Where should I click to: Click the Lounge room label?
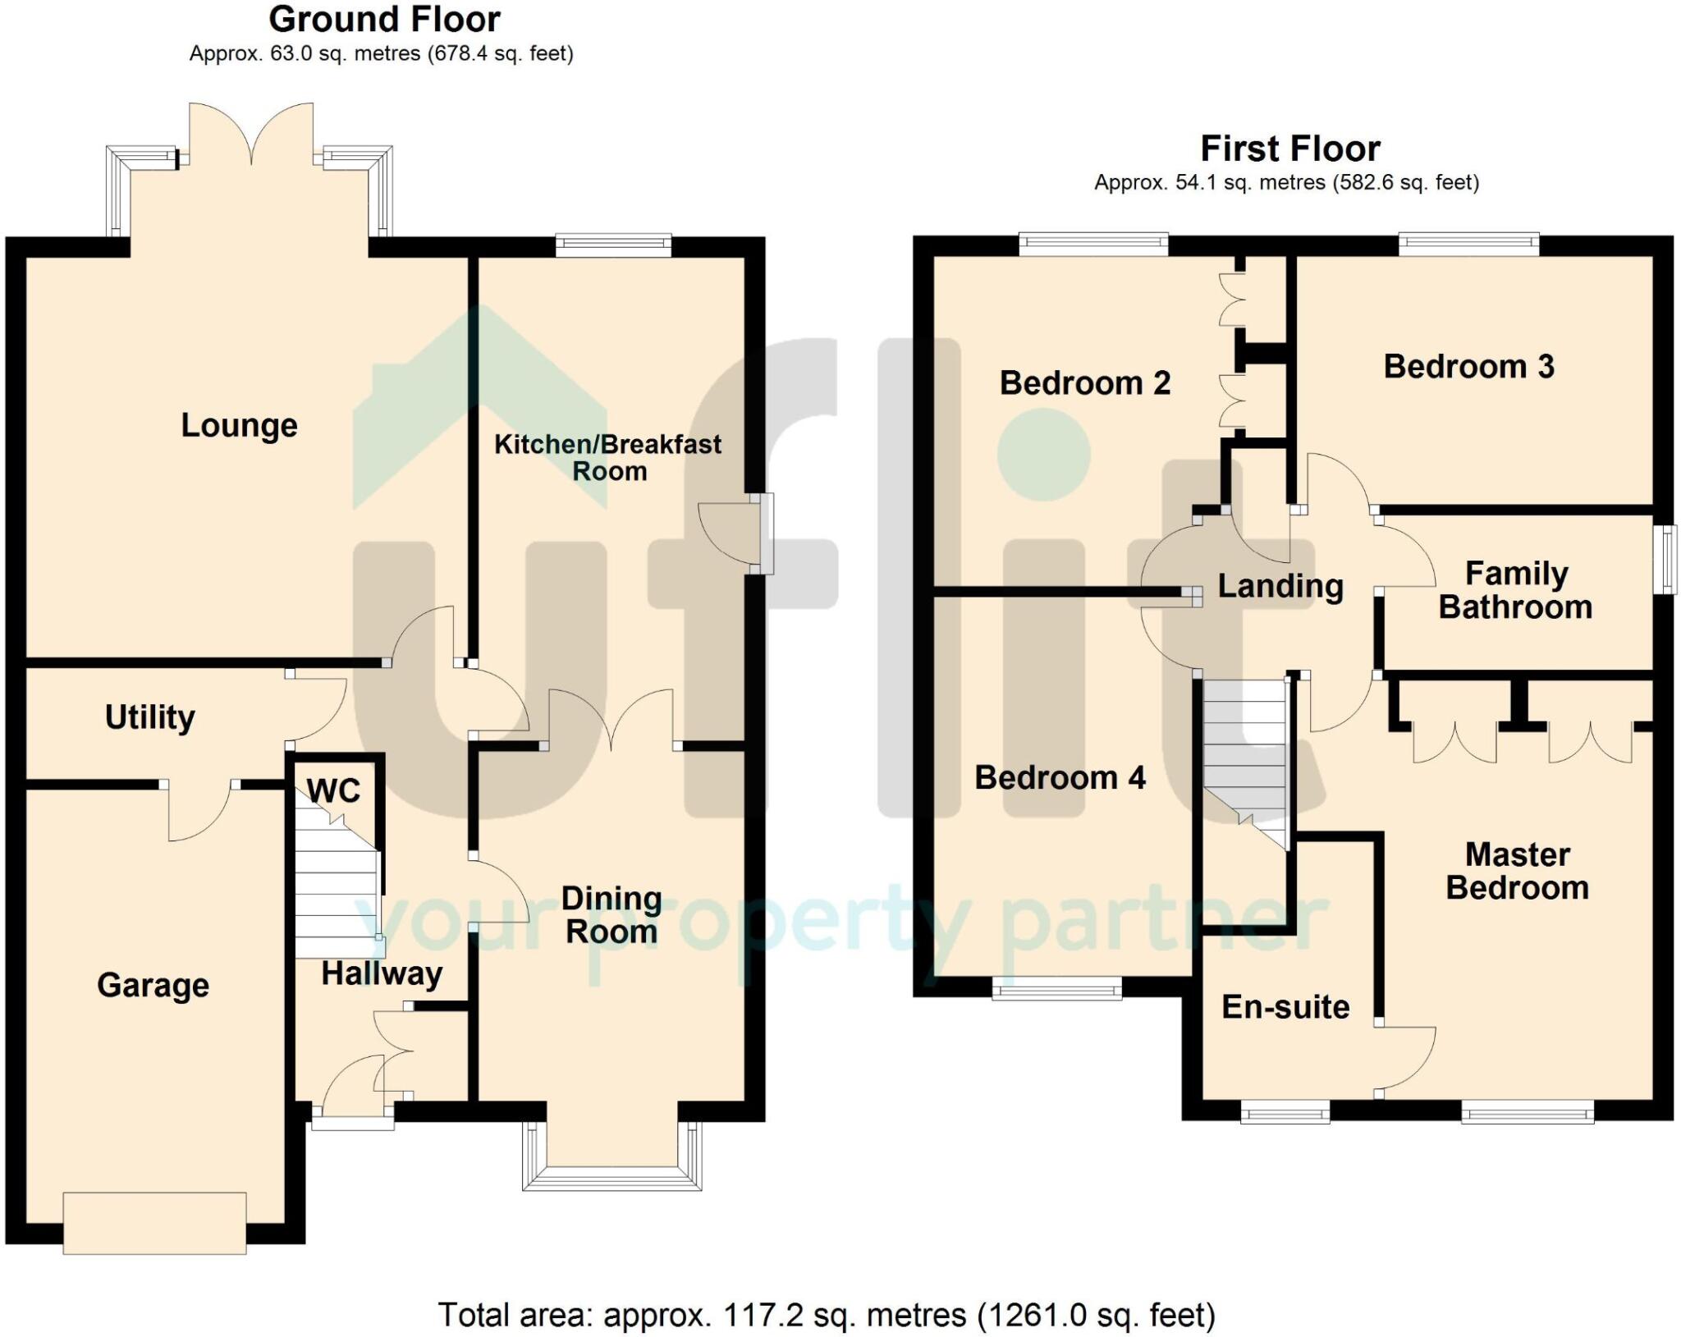point(239,426)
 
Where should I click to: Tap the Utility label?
point(150,717)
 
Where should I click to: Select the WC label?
point(333,791)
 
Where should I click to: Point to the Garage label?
point(153,986)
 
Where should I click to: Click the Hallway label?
point(382,974)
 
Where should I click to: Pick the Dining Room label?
point(611,915)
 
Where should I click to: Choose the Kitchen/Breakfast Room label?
point(608,457)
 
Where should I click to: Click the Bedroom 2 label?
point(1085,383)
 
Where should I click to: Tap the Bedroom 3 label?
point(1469,367)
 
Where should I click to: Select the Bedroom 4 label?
point(1060,778)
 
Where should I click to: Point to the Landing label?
point(1280,587)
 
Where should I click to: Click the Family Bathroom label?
point(1516,590)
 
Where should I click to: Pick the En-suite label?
point(1285,1007)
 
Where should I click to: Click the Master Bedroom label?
point(1518,871)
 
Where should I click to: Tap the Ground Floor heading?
point(384,19)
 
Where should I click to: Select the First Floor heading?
point(1290,149)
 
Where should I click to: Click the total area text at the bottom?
point(827,1316)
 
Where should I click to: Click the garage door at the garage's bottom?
point(154,1223)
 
